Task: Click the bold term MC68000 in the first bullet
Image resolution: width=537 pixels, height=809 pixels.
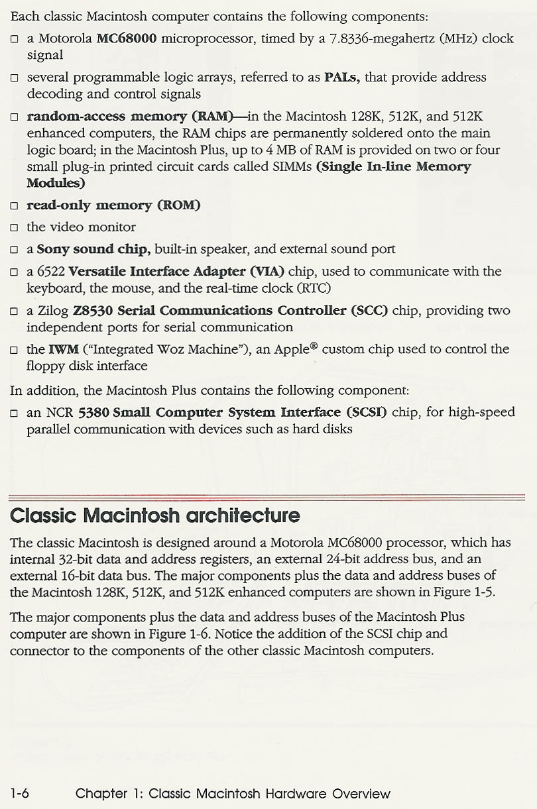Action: [x=127, y=38]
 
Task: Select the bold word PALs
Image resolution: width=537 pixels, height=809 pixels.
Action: [x=341, y=78]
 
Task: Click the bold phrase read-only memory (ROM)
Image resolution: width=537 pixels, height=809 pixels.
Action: [x=113, y=205]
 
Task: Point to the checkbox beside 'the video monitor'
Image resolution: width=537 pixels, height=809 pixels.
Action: [x=14, y=228]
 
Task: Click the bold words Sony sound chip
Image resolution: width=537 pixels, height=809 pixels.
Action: [x=93, y=249]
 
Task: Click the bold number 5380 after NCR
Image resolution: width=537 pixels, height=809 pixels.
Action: [x=93, y=413]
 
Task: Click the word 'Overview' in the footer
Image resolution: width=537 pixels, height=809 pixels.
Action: [x=361, y=793]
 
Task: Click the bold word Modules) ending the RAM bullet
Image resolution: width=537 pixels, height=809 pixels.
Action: [x=56, y=183]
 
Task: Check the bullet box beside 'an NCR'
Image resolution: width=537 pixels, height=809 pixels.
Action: [x=14, y=413]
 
